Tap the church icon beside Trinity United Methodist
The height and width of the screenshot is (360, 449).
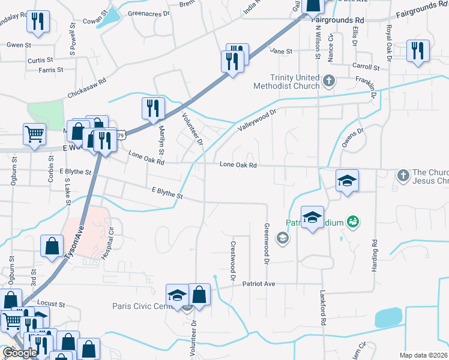pyautogui.click(x=328, y=80)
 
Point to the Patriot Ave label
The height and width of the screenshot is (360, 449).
pyautogui.click(x=258, y=284)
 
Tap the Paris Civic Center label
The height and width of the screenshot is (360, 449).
pyautogui.click(x=142, y=306)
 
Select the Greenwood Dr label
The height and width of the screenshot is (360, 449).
pyautogui.click(x=266, y=244)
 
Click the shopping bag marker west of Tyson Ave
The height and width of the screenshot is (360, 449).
pyautogui.click(x=52, y=245)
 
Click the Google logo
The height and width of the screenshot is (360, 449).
pyautogui.click(x=20, y=353)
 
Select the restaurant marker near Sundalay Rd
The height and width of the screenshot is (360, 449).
pyautogui.click(x=38, y=22)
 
